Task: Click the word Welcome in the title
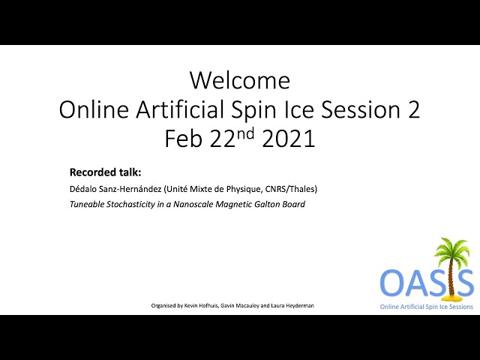(x=240, y=80)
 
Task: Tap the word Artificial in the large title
(x=180, y=109)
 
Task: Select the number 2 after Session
(x=413, y=110)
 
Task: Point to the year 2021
(x=289, y=139)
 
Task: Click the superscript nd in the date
(x=245, y=133)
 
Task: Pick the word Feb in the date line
(x=184, y=139)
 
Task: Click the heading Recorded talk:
(x=105, y=172)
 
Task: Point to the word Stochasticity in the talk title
(x=130, y=204)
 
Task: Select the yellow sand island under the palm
(x=450, y=297)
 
